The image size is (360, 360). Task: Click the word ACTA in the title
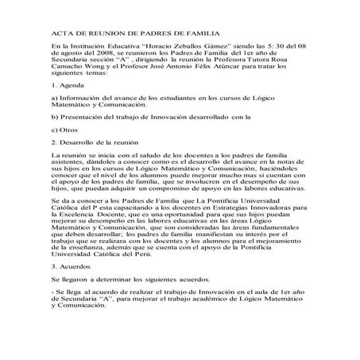pyautogui.click(x=62, y=35)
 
